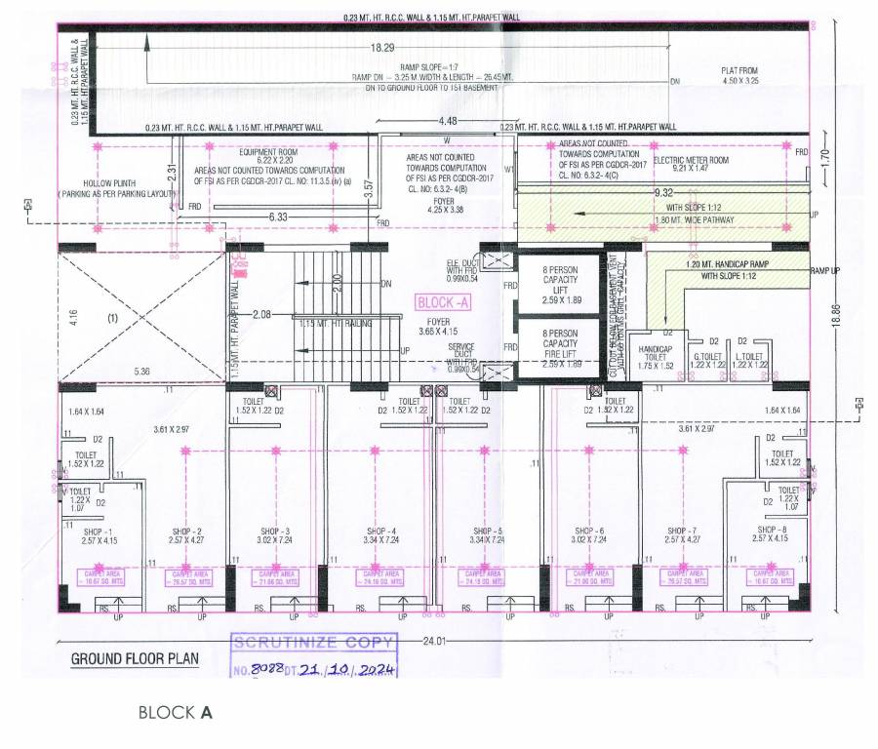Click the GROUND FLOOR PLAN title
(x=135, y=659)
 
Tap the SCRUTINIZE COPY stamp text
(x=313, y=643)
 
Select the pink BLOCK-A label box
(x=444, y=302)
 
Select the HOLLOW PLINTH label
(x=109, y=188)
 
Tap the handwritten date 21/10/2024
(x=336, y=671)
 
